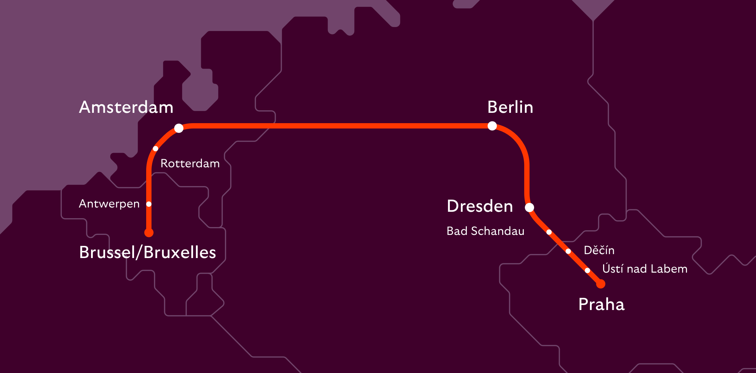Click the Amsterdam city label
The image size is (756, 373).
(126, 107)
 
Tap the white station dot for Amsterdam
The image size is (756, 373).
(179, 128)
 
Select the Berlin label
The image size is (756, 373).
(510, 107)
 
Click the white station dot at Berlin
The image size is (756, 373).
(492, 126)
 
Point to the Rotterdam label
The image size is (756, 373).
(190, 163)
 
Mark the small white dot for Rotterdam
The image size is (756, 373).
(155, 148)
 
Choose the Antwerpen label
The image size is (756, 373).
(109, 204)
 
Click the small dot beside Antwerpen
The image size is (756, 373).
(149, 204)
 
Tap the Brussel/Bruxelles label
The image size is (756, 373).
(148, 252)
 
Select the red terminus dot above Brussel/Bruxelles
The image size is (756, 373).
(149, 233)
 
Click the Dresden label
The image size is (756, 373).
(480, 206)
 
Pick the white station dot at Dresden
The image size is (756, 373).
(529, 207)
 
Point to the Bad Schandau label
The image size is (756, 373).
(485, 231)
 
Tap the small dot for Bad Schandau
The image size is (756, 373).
(549, 232)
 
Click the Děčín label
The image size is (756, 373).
(599, 250)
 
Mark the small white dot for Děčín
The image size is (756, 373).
(568, 251)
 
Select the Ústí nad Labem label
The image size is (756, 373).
(645, 269)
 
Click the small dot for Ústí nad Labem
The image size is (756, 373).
(587, 270)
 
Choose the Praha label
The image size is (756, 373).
(601, 305)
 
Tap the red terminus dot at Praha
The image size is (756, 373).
(601, 284)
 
